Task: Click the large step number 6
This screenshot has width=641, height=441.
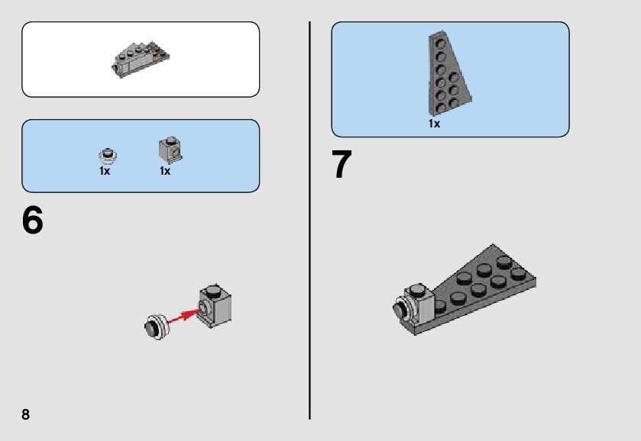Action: tap(32, 220)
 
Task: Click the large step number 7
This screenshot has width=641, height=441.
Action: tap(342, 164)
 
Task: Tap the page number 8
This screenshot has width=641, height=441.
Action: tap(25, 414)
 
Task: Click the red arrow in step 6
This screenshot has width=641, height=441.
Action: tap(183, 316)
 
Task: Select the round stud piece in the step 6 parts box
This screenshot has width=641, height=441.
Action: tap(108, 156)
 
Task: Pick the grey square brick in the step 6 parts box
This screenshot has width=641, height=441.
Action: tap(170, 150)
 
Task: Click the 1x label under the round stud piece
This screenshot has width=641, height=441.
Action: tap(105, 171)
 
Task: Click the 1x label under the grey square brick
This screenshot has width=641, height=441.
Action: tap(165, 171)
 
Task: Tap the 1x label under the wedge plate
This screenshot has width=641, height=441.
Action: tap(434, 124)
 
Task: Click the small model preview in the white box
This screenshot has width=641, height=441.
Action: tap(141, 60)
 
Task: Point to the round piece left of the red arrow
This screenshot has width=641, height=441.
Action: tap(156, 327)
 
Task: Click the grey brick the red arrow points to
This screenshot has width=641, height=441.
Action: tap(215, 305)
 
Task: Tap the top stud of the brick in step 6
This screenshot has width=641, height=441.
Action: tap(213, 291)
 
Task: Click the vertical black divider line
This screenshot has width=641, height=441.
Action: tap(310, 220)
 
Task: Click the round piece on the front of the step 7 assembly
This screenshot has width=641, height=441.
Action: tap(403, 308)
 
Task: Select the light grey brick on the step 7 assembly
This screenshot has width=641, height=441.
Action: tap(420, 304)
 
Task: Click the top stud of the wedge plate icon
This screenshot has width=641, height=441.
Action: tap(440, 43)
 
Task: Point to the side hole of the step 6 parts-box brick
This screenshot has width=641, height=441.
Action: tap(176, 153)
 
